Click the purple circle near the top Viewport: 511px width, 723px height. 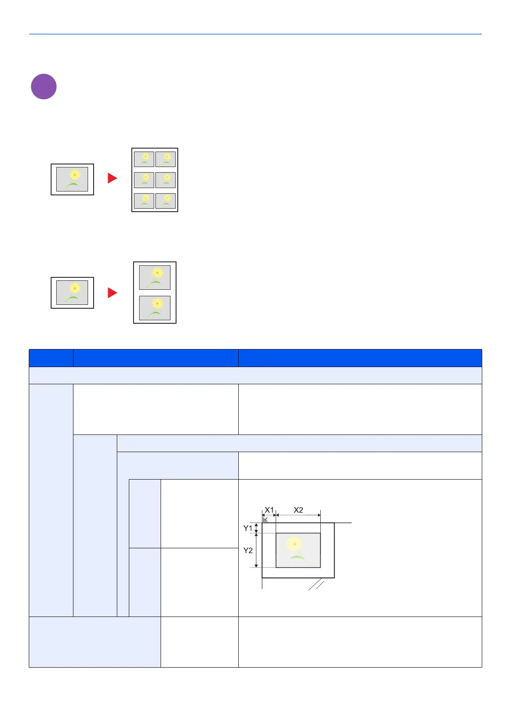click(44, 87)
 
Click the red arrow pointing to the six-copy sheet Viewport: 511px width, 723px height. click(112, 178)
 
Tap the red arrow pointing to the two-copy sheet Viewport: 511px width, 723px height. click(112, 293)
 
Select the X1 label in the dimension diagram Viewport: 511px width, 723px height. click(269, 510)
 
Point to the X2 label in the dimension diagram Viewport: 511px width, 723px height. click(298, 510)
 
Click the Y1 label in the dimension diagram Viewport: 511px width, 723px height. click(248, 528)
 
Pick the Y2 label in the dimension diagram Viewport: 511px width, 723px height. click(248, 550)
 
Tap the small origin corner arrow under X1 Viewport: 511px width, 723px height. click(265, 519)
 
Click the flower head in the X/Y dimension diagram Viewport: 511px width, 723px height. click(295, 543)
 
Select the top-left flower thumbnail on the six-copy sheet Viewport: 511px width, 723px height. click(144, 159)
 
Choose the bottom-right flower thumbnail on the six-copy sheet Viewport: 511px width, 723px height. click(166, 201)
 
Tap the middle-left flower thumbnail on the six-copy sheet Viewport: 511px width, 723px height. click(144, 180)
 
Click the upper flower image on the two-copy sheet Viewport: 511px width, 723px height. click(155, 277)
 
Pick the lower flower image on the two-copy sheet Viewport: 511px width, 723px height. click(155, 308)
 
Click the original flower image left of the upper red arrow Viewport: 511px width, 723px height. click(72, 179)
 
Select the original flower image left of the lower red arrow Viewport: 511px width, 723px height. click(72, 292)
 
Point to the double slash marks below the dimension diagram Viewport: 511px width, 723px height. click(316, 585)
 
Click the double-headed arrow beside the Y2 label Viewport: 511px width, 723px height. click(257, 550)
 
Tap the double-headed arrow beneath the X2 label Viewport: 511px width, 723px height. click(298, 515)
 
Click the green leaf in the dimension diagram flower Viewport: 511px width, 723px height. click(301, 558)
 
